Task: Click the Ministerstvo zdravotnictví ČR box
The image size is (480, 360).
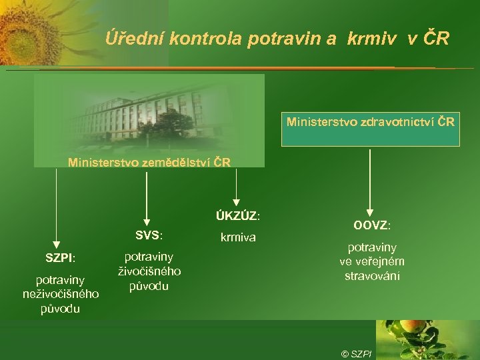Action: (371, 123)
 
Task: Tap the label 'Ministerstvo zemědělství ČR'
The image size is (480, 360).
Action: (150, 162)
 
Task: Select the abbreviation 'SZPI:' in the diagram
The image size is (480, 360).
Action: (60, 257)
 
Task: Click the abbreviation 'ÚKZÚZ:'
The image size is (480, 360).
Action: (237, 216)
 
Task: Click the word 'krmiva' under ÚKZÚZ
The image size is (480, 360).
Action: (237, 236)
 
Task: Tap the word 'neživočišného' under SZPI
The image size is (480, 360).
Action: (60, 294)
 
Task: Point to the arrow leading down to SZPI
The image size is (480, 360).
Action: (56, 207)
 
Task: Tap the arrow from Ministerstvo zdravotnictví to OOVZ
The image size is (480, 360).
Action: (370, 180)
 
